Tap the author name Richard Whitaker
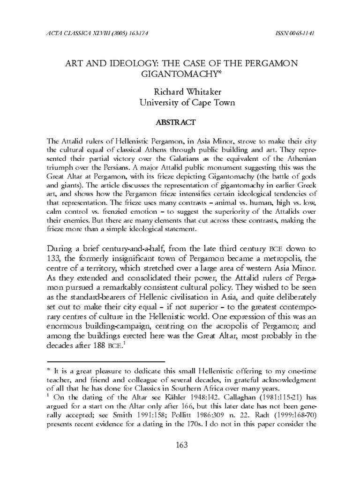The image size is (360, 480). click(180, 92)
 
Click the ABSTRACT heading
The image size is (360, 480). click(180, 122)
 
